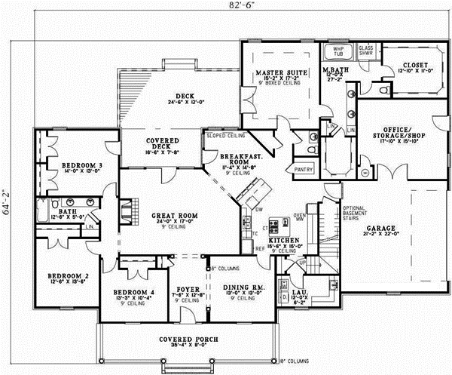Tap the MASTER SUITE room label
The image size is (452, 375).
click(x=279, y=72)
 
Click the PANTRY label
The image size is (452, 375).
click(x=304, y=170)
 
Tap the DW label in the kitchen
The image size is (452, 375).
click(x=258, y=210)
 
